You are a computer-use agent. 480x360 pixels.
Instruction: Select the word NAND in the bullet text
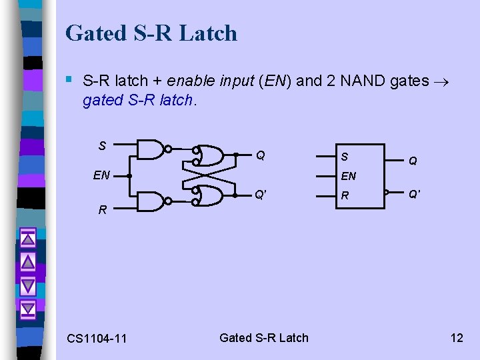366,81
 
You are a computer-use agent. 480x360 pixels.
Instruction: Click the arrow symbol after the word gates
443,81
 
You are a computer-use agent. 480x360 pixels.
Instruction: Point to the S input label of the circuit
102,145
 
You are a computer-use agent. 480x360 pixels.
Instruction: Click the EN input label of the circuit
101,176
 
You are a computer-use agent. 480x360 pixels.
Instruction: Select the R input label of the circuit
102,209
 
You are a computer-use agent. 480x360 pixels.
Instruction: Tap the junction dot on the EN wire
129,176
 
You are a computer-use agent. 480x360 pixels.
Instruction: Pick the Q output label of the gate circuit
261,155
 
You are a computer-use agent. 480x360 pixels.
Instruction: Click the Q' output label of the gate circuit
261,195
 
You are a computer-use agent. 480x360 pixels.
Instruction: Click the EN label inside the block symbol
348,177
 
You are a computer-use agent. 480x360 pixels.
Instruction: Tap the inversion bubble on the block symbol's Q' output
387,193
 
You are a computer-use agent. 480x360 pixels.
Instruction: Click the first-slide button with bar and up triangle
28,239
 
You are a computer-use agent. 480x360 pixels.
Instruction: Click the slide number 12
457,337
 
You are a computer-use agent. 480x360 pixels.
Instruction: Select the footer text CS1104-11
97,339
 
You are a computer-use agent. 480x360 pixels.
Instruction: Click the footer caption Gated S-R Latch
264,337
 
